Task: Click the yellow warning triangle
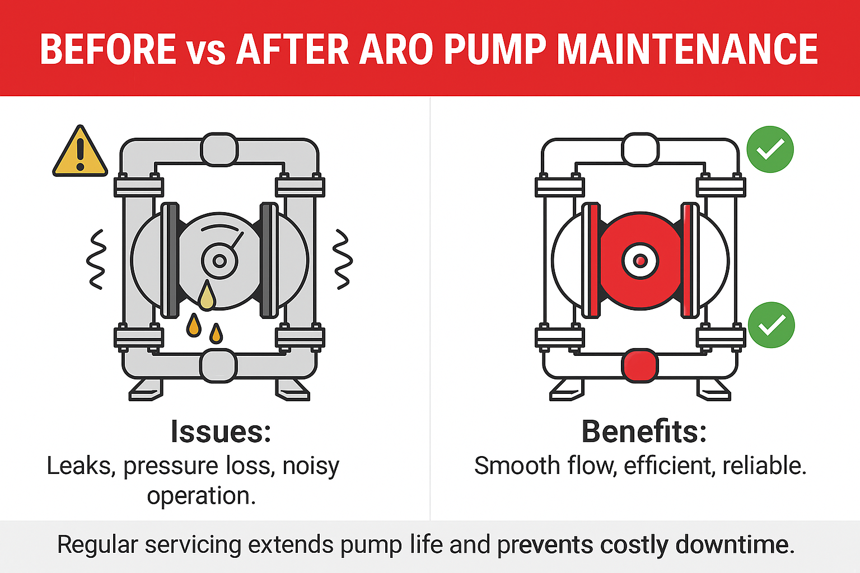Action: pos(80,152)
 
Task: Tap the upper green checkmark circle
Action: pos(770,149)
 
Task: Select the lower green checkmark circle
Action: pos(772,325)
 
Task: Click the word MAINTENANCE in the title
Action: pos(687,49)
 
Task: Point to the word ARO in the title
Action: pos(396,49)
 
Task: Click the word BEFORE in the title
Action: pos(108,49)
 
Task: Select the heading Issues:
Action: pos(221,432)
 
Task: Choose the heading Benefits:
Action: pos(644,431)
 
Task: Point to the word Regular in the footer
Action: pos(97,545)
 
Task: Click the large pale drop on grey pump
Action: pos(207,295)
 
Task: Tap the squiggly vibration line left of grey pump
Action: pos(96,259)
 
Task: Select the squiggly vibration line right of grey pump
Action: pos(343,259)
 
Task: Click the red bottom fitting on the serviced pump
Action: pos(639,365)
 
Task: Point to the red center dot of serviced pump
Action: pos(640,261)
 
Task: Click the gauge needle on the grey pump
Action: pos(237,240)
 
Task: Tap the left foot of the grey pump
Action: pos(146,390)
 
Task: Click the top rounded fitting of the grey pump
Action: pos(219,149)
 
